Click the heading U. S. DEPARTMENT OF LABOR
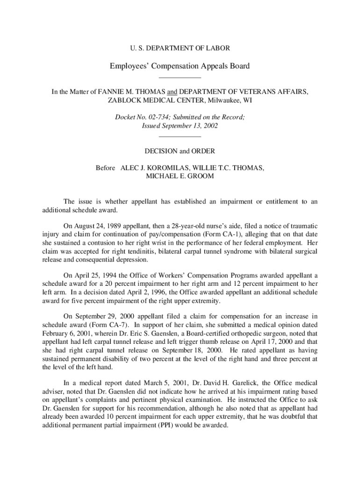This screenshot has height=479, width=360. [x=180, y=48]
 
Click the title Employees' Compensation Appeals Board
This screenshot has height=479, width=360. [x=180, y=66]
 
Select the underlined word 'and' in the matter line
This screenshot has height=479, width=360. [x=173, y=92]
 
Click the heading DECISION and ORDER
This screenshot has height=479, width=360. [x=180, y=151]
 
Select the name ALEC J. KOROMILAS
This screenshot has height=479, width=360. [x=152, y=168]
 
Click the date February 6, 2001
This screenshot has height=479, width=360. [x=65, y=333]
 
